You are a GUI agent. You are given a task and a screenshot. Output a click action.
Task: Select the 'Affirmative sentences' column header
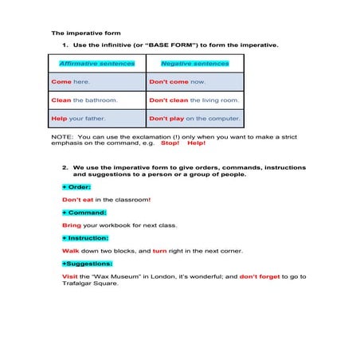pyautogui.click(x=97, y=63)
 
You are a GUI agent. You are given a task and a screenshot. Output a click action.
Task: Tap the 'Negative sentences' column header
pyautogui.click(x=194, y=63)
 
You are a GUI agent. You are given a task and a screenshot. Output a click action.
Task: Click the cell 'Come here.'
pyautogui.click(x=71, y=81)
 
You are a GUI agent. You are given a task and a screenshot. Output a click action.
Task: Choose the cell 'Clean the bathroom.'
pyautogui.click(x=84, y=100)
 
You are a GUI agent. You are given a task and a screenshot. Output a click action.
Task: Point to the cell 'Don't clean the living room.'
pyautogui.click(x=194, y=100)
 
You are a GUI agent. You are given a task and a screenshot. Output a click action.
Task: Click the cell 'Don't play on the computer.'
pyautogui.click(x=194, y=119)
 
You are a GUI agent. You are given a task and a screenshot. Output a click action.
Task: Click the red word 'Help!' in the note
pyautogui.click(x=196, y=143)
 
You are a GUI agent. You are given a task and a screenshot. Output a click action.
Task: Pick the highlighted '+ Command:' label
pyautogui.click(x=84, y=213)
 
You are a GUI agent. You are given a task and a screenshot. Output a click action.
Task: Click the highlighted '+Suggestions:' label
pyautogui.click(x=87, y=263)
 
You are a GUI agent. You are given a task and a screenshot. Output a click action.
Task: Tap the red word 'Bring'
pyautogui.click(x=72, y=225)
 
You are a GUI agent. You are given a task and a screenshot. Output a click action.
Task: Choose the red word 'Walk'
pyautogui.click(x=70, y=251)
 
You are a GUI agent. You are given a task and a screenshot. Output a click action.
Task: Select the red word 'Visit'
pyautogui.click(x=70, y=276)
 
